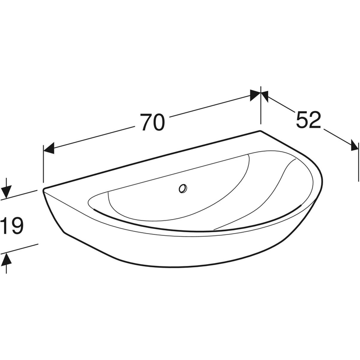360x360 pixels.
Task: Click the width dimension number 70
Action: [x=153, y=122]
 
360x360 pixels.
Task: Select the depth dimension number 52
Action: [x=308, y=120]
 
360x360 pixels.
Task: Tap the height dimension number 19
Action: [x=12, y=226]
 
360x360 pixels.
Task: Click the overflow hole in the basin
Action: [x=183, y=189]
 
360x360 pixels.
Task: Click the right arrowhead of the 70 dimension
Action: [x=255, y=94]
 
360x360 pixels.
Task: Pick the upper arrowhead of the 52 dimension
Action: [x=265, y=96]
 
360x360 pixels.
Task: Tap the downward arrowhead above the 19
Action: [x=6, y=193]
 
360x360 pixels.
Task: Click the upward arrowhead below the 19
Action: [x=6, y=259]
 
